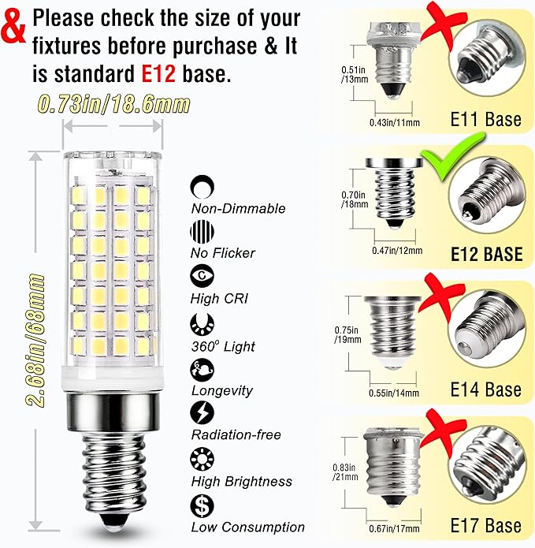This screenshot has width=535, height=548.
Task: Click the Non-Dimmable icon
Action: click(201, 187)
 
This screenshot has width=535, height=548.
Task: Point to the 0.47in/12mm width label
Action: click(396, 251)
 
